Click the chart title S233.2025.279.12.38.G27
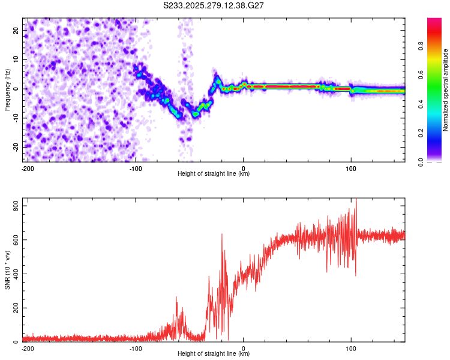coord(214,5)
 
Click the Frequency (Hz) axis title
coord(8,90)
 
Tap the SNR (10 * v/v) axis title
coord(8,271)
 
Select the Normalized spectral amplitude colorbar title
coord(446,90)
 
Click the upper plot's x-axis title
coord(214,173)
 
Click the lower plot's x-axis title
coord(214,353)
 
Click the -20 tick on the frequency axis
coord(16,147)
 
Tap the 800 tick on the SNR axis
coord(14,206)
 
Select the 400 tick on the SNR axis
coord(14,274)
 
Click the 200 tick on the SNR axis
coord(14,308)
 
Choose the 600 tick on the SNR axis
coord(14,240)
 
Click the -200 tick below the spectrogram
coord(28,167)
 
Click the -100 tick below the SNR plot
coord(136,347)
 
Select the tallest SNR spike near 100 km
coord(356,200)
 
